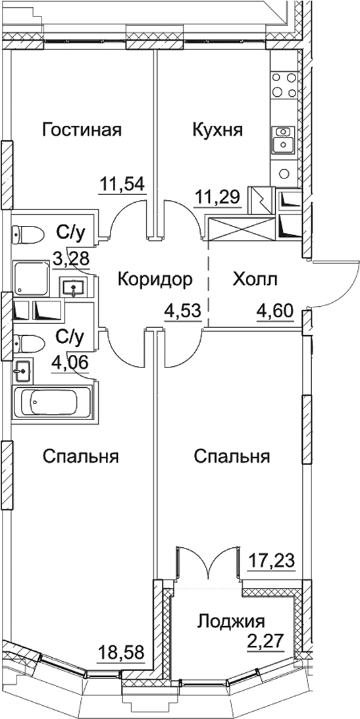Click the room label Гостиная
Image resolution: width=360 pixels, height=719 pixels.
click(82, 130)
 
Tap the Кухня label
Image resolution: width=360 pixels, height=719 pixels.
click(217, 130)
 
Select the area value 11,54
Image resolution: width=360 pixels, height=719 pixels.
click(122, 182)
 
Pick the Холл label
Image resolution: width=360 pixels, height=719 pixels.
click(255, 280)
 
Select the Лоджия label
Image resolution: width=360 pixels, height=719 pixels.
click(231, 621)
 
